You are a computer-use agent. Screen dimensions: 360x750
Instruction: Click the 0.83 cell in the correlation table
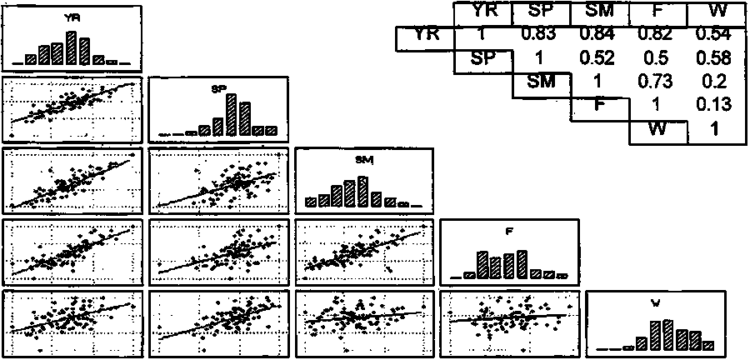pyautogui.click(x=538, y=34)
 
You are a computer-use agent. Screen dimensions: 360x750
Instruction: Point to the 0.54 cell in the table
pyautogui.click(x=713, y=34)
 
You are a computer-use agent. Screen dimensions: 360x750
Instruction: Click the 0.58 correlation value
pyautogui.click(x=713, y=58)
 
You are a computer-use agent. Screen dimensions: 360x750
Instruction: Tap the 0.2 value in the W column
pyautogui.click(x=713, y=82)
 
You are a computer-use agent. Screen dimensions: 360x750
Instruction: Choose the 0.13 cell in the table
pyautogui.click(x=713, y=106)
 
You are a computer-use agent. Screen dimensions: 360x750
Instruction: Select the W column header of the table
pyautogui.click(x=713, y=11)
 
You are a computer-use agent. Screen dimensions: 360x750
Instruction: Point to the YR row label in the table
pyautogui.click(x=424, y=36)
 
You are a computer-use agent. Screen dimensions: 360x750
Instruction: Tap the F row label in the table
pyautogui.click(x=598, y=106)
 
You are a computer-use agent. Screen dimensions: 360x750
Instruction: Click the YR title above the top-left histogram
pyautogui.click(x=72, y=16)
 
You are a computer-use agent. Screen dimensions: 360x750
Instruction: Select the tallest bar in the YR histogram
pyautogui.click(x=72, y=47)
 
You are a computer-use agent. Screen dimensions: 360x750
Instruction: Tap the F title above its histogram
pyautogui.click(x=510, y=232)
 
